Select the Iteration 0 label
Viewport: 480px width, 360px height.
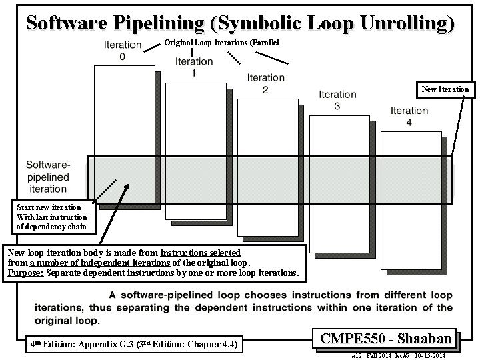coord(123,51)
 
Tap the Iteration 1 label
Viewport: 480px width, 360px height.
coord(194,67)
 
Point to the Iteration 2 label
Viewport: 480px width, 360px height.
coord(265,83)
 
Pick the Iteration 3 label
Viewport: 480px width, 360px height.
coord(337,100)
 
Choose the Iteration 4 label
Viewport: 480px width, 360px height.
coord(409,117)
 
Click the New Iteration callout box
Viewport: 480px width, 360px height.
coord(445,89)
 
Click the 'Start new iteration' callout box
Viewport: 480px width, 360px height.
coord(51,217)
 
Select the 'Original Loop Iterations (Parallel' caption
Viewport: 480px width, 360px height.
coord(222,43)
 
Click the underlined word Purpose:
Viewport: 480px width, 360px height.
coord(25,273)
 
